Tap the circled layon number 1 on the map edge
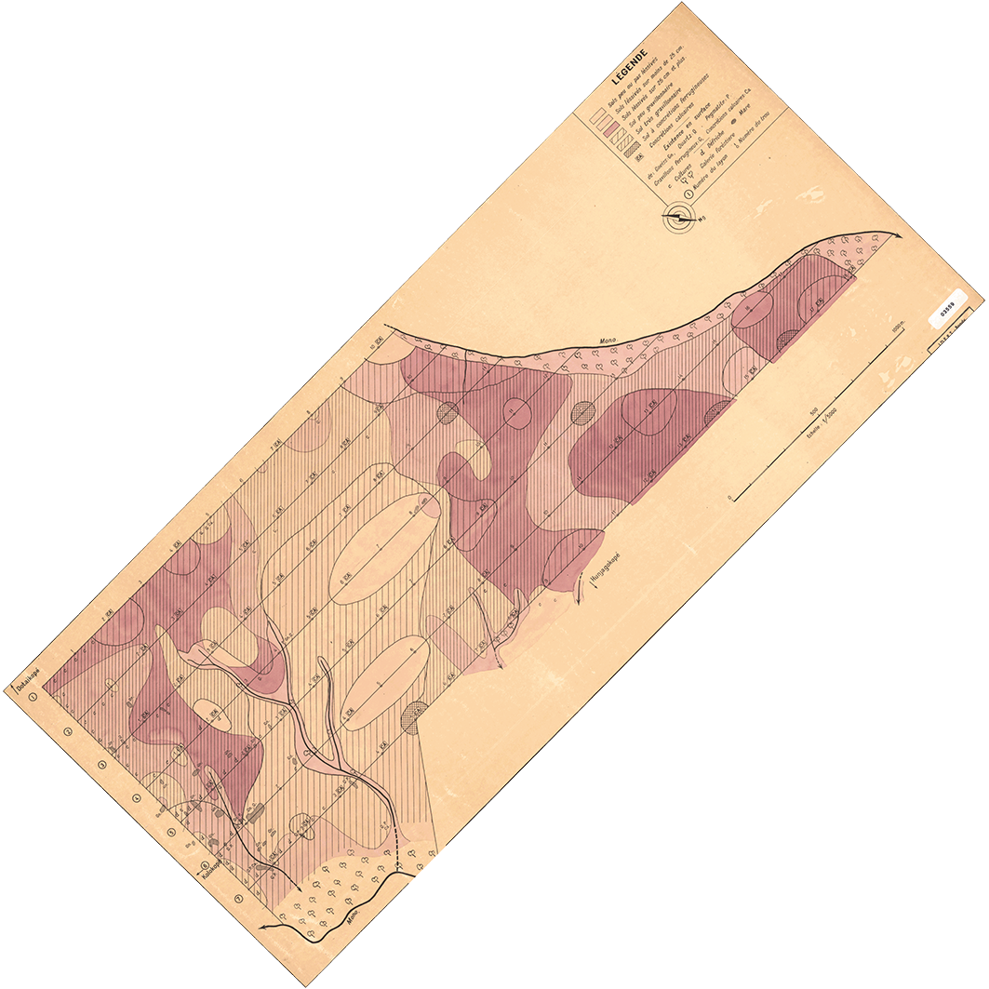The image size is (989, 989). coord(33,695)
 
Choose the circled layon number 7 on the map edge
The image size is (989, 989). coord(239,899)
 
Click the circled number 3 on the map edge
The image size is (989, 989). coord(102,765)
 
